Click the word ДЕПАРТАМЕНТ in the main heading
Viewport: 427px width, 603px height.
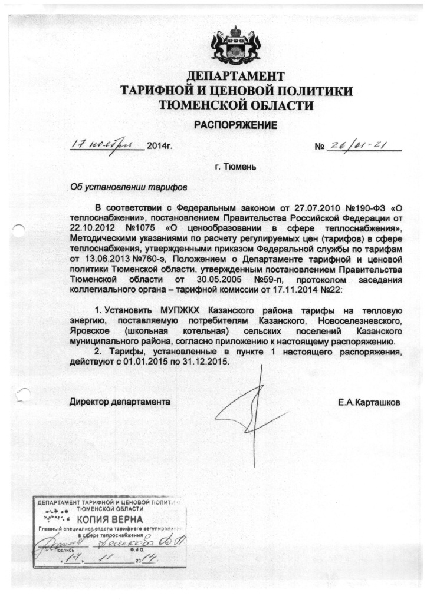[236, 77]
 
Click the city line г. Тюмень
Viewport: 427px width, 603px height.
[235, 167]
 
